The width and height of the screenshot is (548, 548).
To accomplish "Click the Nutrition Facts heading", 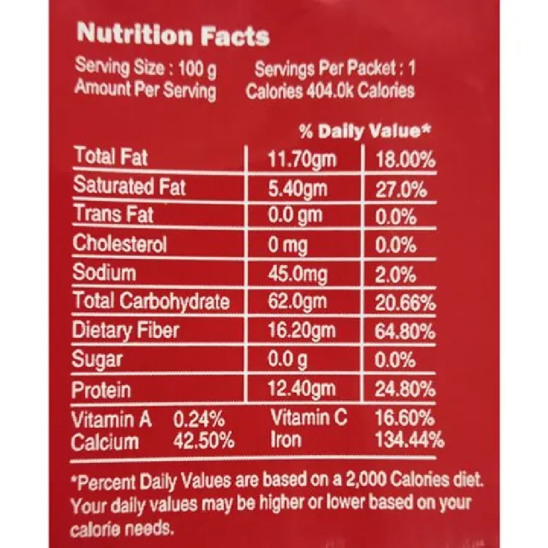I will pos(173,35).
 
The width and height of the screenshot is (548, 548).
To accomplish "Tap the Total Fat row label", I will pos(111,158).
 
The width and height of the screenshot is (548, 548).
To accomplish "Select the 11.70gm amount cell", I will pos(302,160).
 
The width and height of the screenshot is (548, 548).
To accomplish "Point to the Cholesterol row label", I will pos(120,244).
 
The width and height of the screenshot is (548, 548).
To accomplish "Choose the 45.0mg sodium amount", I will pos(296,273).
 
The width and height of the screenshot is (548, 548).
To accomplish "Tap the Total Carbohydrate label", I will pos(151,301).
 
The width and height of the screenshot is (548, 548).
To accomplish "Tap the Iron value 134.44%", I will pos(408,440).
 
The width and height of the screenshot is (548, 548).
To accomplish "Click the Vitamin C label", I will pos(309,419).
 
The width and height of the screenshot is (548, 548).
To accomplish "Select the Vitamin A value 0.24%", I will pos(199,420).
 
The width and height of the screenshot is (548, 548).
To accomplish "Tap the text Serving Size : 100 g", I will pos(146,69).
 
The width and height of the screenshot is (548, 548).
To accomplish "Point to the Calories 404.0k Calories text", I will pos(330,90).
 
